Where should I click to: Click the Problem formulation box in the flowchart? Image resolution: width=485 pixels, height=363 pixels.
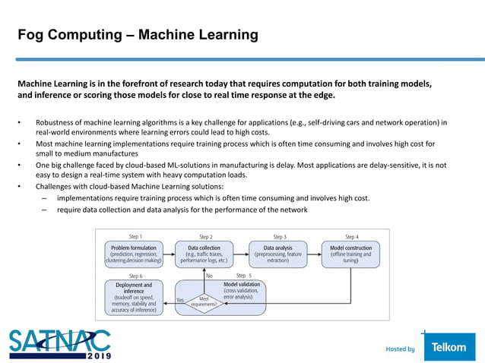pos(133,253)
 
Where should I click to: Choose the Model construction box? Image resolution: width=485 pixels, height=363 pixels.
pos(351,253)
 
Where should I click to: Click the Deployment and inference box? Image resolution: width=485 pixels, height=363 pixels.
pos(134,297)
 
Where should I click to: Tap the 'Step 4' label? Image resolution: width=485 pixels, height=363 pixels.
pos(351,236)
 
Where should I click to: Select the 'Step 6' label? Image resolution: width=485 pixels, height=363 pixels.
pos(136,276)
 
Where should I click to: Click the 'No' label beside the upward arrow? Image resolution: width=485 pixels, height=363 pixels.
pos(210,276)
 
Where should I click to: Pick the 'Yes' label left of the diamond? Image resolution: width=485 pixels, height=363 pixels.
pos(180,300)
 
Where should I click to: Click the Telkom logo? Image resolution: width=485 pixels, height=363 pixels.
pos(449,348)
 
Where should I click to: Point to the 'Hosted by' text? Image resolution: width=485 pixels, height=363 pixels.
pos(400,349)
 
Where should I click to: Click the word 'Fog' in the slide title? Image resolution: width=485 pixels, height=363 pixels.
pos(31,35)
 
